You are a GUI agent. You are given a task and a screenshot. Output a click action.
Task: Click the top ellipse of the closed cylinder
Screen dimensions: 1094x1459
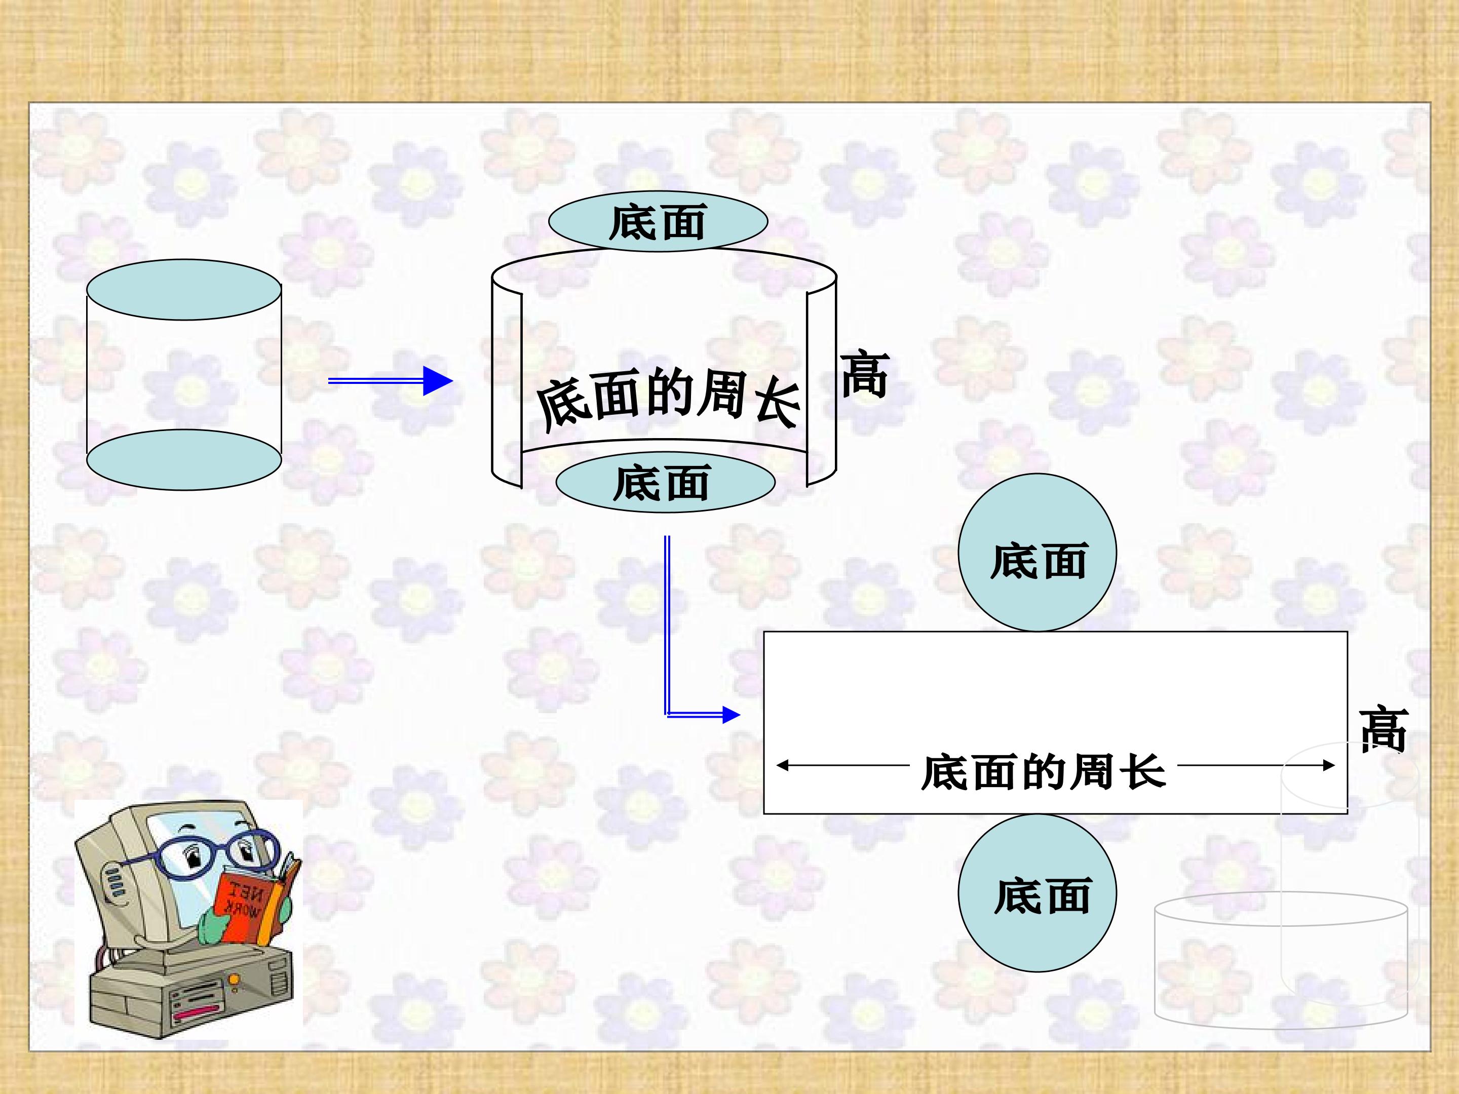[x=184, y=290]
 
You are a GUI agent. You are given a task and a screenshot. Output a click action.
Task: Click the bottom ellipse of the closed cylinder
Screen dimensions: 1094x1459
[x=184, y=459]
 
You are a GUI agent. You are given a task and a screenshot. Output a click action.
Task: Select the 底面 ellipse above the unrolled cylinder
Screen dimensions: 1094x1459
[x=658, y=221]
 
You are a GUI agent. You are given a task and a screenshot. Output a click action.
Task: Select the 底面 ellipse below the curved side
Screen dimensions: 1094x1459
[x=665, y=482]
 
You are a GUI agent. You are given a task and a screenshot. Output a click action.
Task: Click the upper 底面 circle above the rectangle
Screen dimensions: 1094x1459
[x=1037, y=553]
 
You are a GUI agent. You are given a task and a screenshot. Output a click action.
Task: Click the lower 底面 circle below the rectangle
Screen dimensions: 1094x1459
[x=1037, y=893]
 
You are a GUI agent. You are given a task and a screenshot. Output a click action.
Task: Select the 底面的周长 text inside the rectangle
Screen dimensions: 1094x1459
[x=1044, y=771]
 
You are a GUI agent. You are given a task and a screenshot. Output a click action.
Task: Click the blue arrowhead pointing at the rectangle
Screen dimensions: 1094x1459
[x=731, y=715]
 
